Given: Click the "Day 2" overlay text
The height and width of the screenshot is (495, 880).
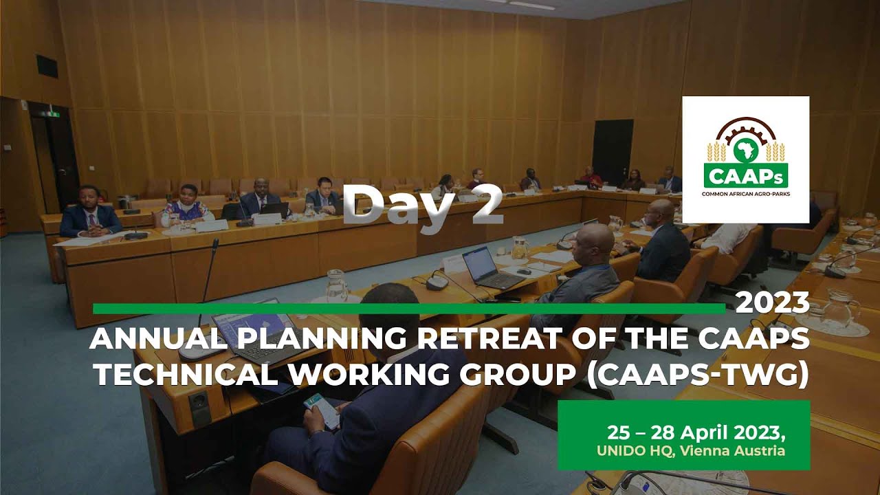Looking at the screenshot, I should [422, 204].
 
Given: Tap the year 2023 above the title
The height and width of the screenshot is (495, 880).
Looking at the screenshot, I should [772, 302].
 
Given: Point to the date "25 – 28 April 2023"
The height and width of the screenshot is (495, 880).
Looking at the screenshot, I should [696, 433].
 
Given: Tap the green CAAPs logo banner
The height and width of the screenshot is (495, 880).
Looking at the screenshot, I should [746, 175].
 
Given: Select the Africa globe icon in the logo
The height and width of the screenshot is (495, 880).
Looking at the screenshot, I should [746, 150].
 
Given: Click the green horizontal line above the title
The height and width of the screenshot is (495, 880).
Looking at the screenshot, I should [408, 309].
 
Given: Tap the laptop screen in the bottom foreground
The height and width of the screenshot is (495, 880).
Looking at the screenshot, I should [253, 329].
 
